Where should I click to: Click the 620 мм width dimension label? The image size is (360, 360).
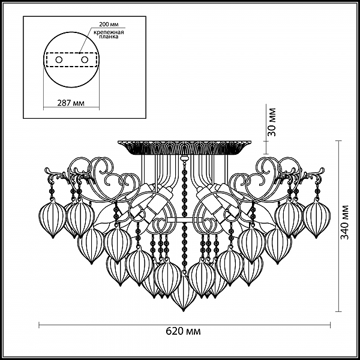183,332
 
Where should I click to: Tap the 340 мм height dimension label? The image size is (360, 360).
344,222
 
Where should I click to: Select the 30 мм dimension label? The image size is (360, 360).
272,122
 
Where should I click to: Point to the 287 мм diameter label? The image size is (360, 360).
71,103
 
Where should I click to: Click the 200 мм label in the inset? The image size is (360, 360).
109,25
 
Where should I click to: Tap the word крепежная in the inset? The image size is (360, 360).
109,32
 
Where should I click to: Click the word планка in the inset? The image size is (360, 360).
109,37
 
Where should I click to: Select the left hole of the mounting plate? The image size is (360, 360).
59,59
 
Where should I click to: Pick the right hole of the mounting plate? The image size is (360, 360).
85,59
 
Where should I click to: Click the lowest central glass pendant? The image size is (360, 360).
183,291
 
